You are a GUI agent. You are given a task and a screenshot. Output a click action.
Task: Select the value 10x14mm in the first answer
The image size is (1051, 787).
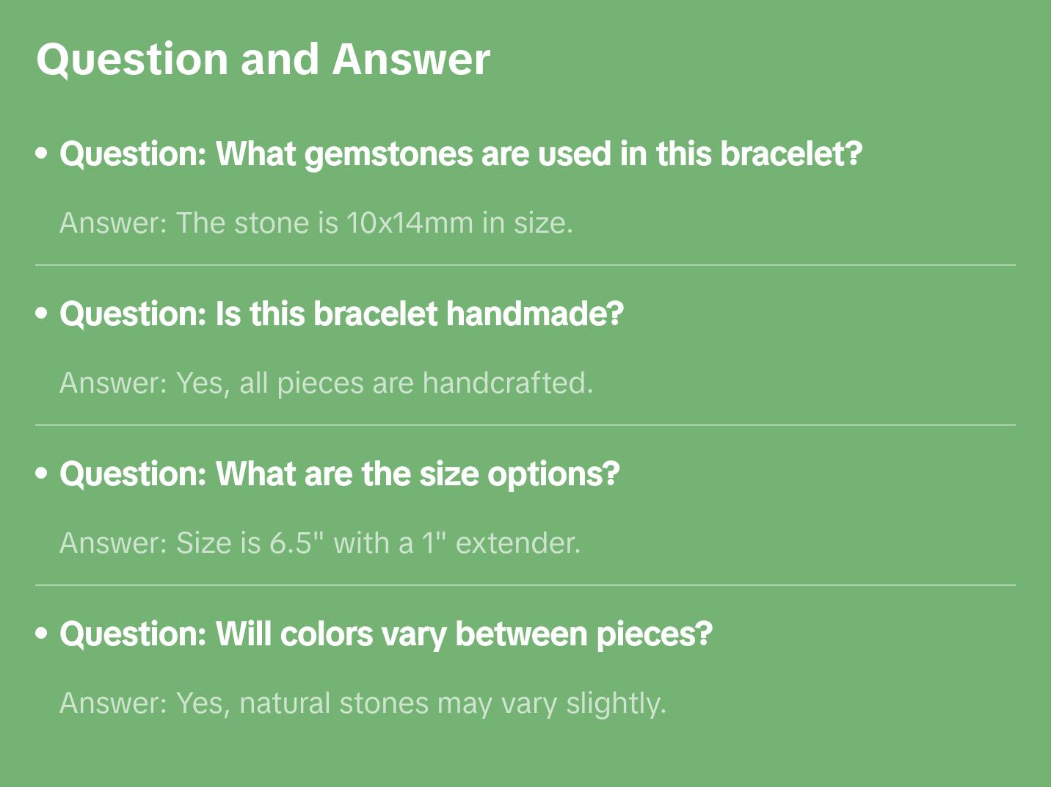410,222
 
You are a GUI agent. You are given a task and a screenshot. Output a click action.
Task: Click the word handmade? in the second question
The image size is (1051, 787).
534,314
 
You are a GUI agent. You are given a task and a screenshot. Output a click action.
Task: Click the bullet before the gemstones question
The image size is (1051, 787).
42,154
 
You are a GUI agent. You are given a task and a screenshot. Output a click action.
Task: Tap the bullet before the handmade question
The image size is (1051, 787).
42,314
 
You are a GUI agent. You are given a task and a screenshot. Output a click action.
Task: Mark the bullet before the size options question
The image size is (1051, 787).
42,474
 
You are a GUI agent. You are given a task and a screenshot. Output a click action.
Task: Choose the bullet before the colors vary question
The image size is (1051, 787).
42,634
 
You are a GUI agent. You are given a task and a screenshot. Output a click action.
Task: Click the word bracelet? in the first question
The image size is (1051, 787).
790,154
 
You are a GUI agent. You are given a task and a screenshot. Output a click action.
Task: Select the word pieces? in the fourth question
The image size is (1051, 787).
653,634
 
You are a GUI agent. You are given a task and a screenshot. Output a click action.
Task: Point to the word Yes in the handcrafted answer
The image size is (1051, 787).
200,382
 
